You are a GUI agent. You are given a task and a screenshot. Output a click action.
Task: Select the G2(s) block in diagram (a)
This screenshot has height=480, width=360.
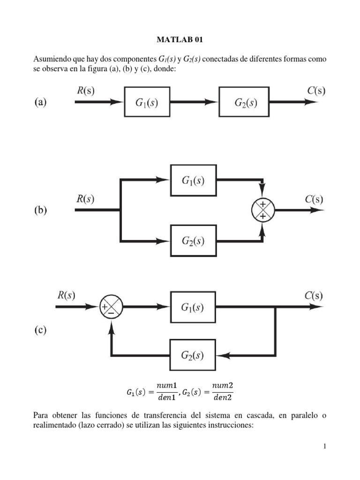244,102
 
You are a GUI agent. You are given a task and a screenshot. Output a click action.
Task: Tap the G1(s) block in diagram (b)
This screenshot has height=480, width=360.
193,180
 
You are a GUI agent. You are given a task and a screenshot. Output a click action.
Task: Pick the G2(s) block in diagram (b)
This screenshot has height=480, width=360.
193,240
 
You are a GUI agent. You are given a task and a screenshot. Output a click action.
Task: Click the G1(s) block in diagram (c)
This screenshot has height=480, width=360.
193,307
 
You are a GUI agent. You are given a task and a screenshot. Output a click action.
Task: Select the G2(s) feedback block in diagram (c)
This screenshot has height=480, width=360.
193,355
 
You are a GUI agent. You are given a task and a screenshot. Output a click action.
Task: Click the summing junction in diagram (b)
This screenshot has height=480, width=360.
262,210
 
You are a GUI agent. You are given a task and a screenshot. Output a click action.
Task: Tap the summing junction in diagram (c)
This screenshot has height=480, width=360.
111,307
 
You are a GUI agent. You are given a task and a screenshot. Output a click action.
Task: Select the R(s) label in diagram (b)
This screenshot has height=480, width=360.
85,199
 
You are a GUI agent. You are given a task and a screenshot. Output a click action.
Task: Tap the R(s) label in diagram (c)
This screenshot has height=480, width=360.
66,295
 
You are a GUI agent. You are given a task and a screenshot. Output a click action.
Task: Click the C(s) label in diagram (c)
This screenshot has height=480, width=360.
312,295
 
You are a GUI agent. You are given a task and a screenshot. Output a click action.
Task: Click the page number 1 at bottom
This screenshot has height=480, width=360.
324,446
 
